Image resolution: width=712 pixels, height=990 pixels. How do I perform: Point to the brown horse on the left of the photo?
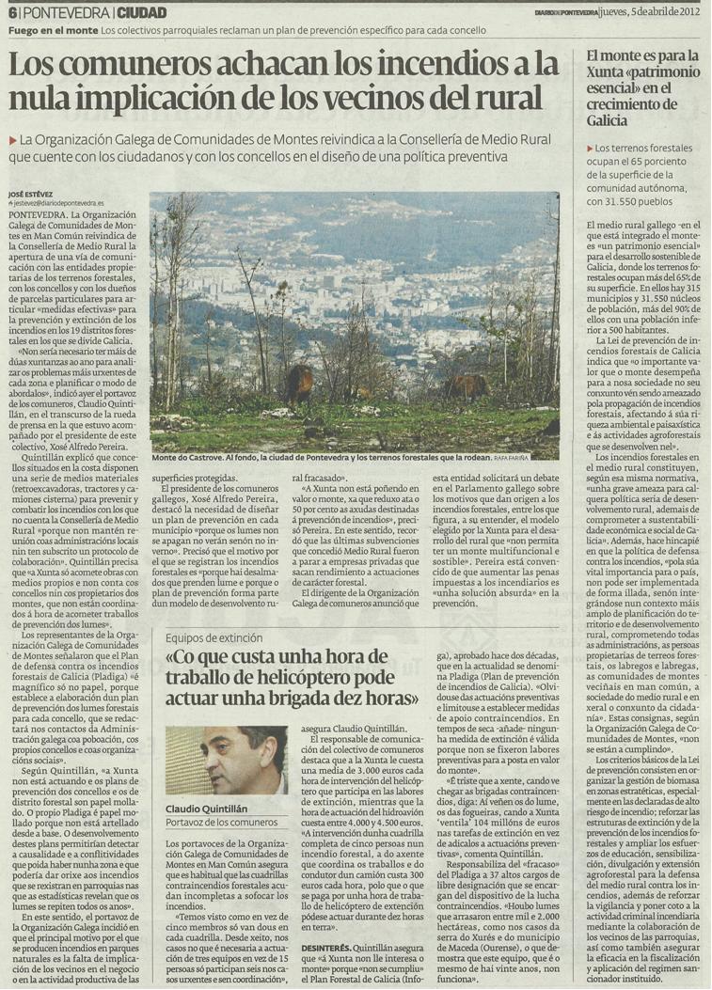300,381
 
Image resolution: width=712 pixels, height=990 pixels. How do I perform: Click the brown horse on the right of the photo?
467,385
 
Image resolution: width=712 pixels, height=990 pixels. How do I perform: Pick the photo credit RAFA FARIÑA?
533,459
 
